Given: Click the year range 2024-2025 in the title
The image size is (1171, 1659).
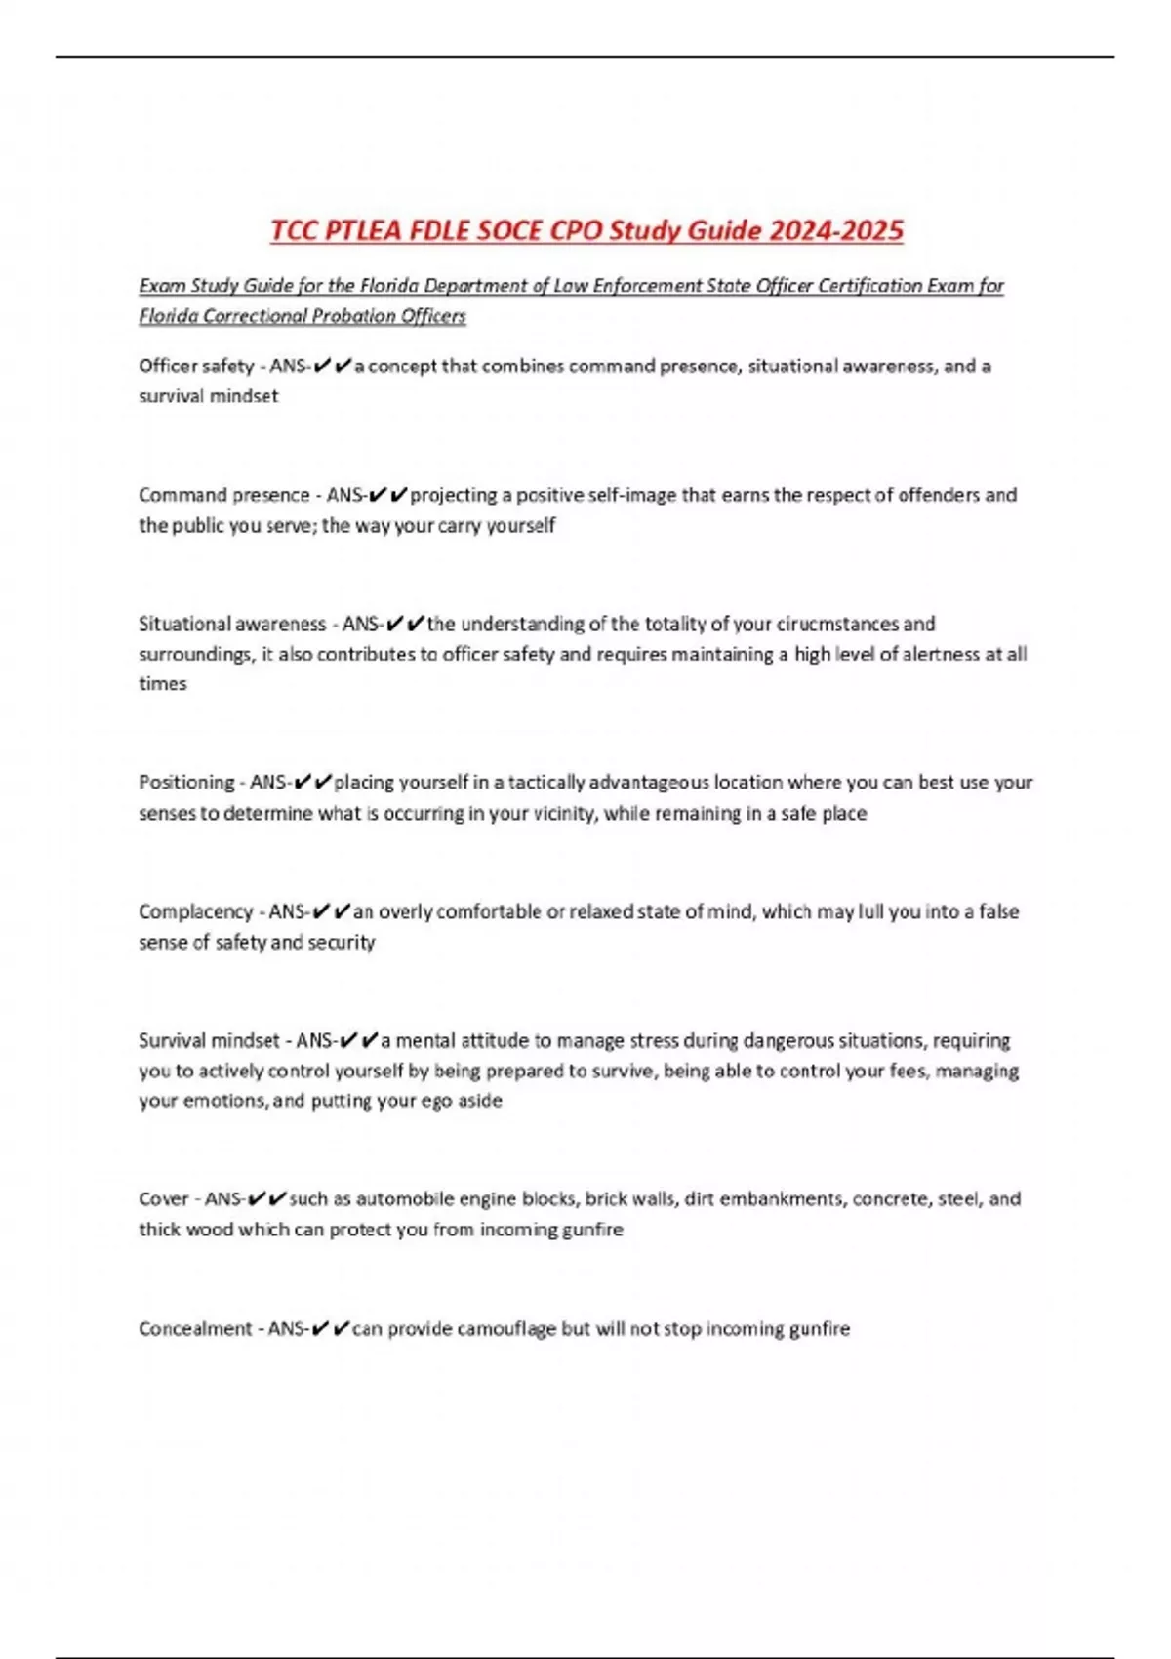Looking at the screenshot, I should click(x=836, y=231).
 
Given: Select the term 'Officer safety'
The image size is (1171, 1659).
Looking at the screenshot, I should click(x=196, y=366).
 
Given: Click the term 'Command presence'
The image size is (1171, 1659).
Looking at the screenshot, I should click(x=223, y=495).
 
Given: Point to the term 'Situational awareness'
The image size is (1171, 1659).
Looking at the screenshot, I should click(x=232, y=624).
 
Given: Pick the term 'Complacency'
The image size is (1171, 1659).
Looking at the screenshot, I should click(x=195, y=911).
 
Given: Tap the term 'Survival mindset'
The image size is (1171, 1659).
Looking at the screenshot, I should click(x=209, y=1040).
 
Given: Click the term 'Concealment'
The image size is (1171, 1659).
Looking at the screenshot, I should click(x=195, y=1328).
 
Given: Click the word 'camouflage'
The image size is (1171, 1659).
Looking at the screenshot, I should click(x=506, y=1328).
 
